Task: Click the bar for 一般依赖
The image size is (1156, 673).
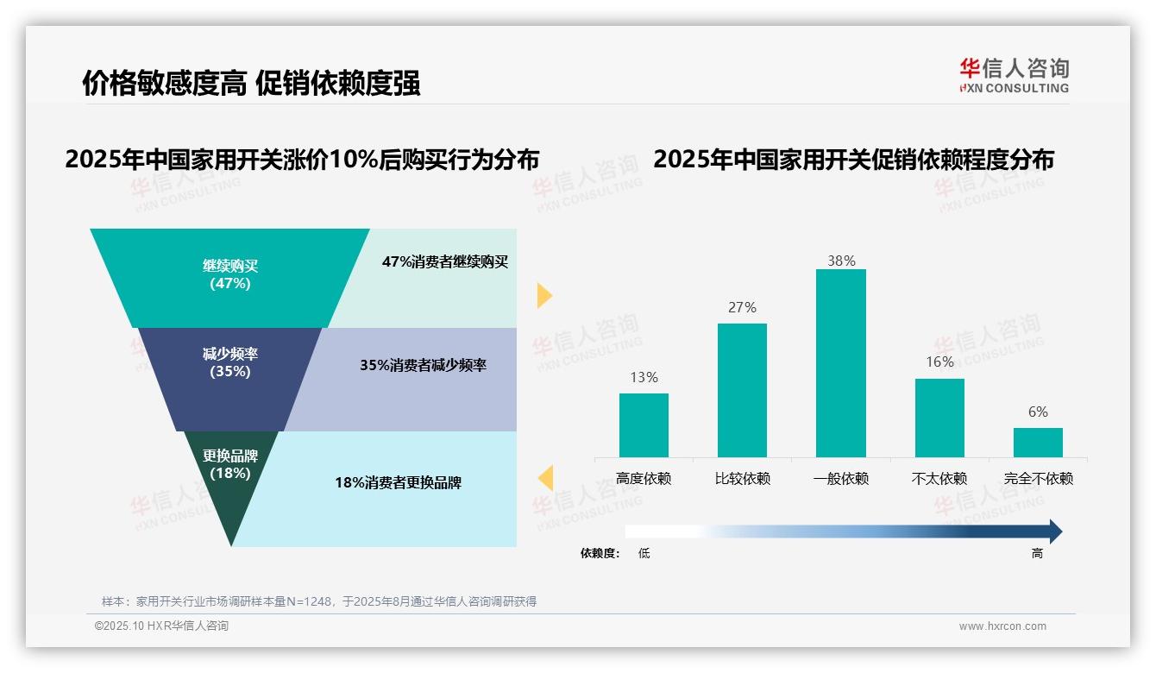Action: tap(840, 363)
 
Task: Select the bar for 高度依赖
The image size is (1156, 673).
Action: tap(644, 425)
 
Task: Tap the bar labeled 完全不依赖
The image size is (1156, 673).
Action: tap(1038, 443)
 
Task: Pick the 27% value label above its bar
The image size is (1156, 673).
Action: tap(742, 307)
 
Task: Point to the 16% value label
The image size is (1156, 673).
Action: tap(939, 362)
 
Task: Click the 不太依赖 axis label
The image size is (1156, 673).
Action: tap(939, 479)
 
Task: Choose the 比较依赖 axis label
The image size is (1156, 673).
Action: tap(742, 479)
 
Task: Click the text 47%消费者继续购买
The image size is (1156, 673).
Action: tap(445, 261)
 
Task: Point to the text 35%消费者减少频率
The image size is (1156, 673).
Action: tap(423, 365)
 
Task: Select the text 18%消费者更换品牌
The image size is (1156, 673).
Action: tap(398, 482)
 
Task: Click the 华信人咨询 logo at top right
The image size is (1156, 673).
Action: tap(1014, 75)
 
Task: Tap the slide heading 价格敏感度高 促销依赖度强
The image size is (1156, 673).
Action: tap(251, 84)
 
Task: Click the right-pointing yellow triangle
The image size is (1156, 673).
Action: tap(544, 295)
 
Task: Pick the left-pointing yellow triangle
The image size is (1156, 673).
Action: tap(545, 477)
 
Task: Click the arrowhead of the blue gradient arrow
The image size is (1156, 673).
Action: tap(1054, 531)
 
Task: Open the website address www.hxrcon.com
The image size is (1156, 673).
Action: tap(1002, 626)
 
